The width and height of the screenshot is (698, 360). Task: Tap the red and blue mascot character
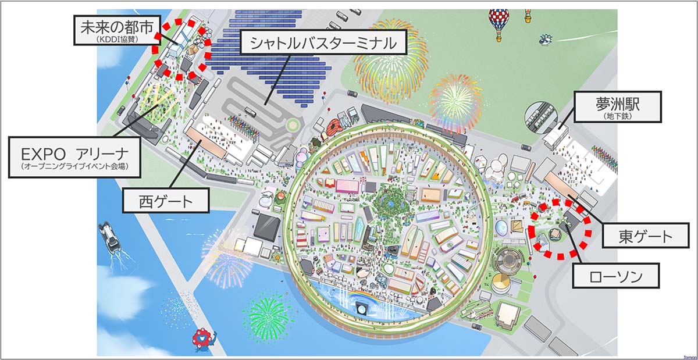pos(203,339)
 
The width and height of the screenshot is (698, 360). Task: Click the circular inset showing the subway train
pos(540,117)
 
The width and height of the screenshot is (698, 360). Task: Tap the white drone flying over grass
pos(546,39)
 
